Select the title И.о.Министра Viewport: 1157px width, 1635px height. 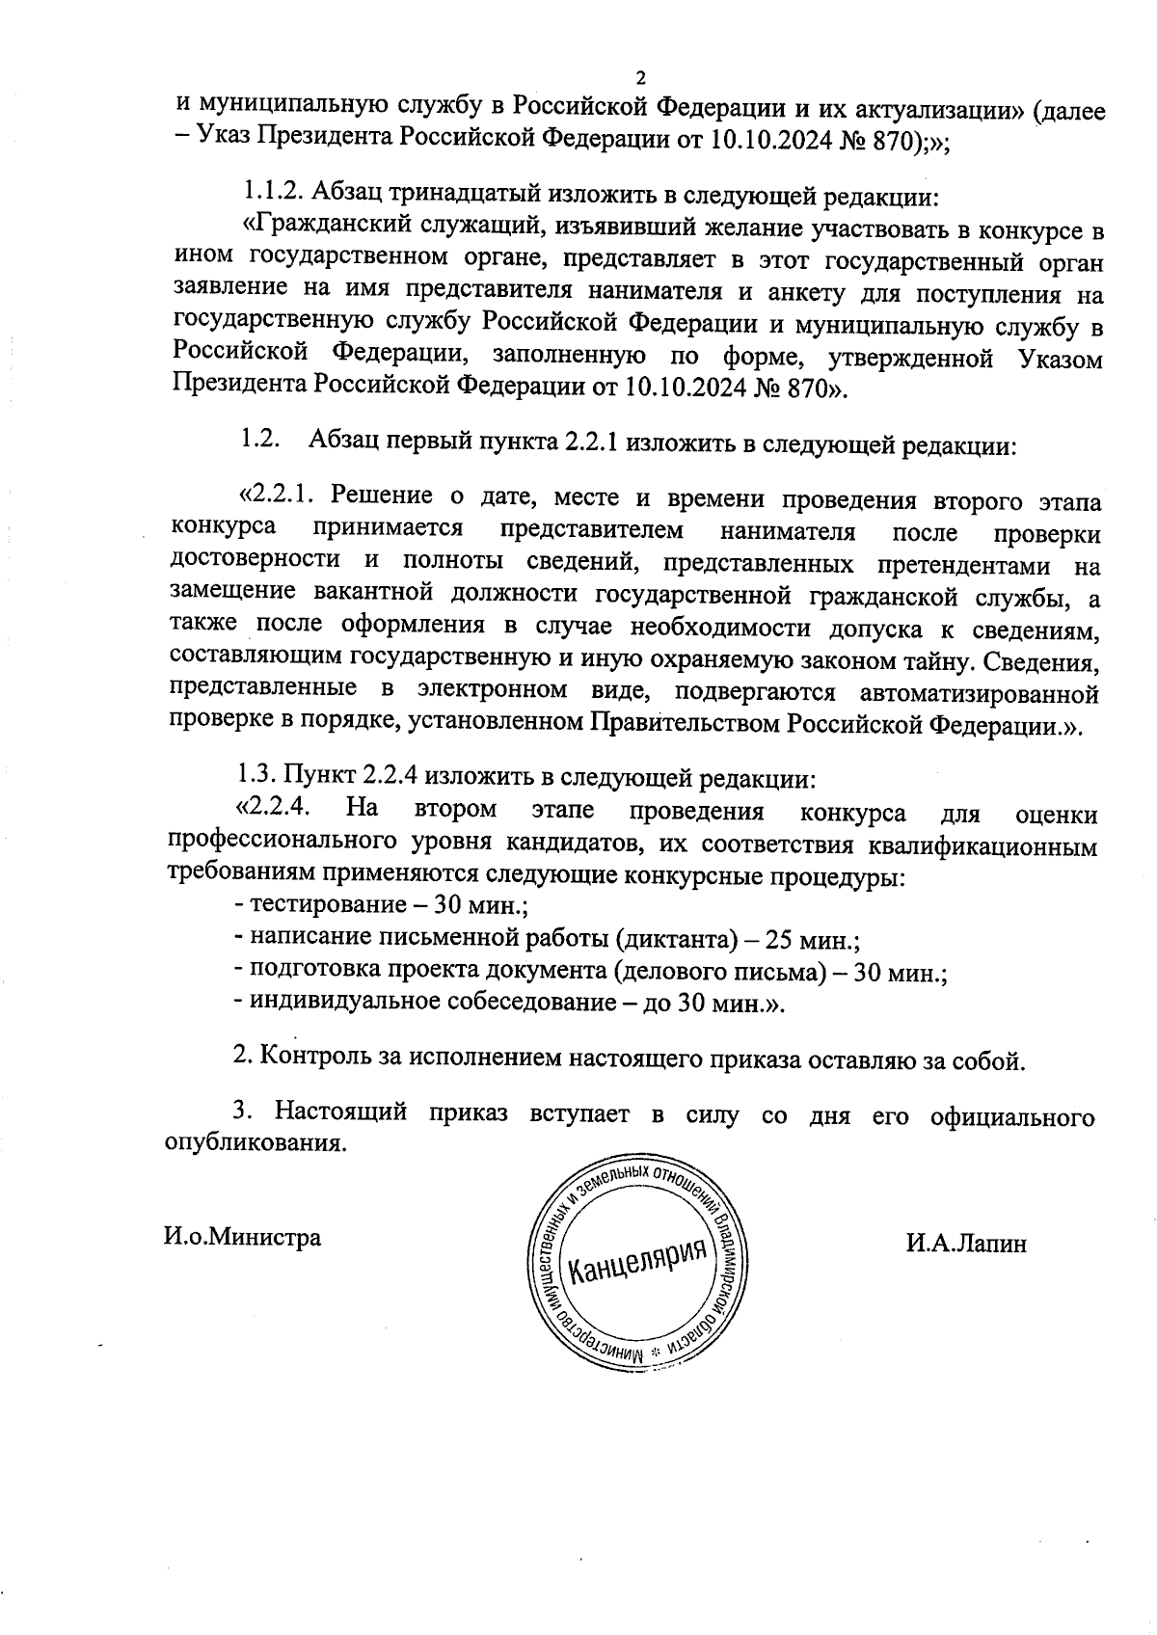pyautogui.click(x=242, y=1237)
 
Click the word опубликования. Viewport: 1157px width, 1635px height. pyautogui.click(x=256, y=1143)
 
